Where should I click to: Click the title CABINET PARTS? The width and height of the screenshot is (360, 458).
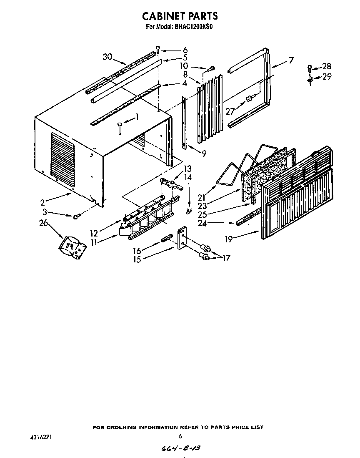coord(180,16)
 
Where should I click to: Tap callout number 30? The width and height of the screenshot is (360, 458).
coord(107,57)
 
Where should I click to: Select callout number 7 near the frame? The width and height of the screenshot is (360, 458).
coord(291,60)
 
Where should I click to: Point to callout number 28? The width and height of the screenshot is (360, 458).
coord(327,66)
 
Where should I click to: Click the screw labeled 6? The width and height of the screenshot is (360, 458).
coord(158,49)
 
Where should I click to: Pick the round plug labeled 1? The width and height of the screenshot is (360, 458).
coord(120,124)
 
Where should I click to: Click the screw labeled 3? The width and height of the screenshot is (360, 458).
coord(77,216)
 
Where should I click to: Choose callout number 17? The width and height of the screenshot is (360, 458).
coord(226,258)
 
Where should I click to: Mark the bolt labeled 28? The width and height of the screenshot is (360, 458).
coord(310,67)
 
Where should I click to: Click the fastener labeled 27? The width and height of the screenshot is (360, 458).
coord(249,98)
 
